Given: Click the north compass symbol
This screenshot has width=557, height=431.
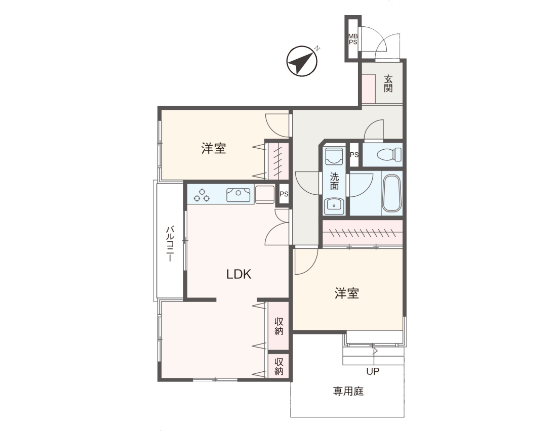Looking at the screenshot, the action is [302, 61].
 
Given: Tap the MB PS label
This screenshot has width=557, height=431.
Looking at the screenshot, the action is [353, 39].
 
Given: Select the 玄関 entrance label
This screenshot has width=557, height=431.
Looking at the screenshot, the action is [388, 83].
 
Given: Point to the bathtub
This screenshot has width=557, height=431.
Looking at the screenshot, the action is [392, 193].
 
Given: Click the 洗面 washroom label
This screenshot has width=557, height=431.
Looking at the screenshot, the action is [334, 182].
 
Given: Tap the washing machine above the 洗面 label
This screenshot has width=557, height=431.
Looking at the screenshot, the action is [334, 156].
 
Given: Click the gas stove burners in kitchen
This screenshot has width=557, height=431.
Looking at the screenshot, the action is [202, 195].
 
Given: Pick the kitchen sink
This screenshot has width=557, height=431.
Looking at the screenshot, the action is [238, 195].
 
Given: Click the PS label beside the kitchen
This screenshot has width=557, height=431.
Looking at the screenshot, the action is [284, 194].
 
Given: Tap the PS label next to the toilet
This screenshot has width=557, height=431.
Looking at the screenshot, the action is [354, 155].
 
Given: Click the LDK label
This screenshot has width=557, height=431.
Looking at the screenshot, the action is [238, 274].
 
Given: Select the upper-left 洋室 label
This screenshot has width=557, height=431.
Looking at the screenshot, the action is [214, 148].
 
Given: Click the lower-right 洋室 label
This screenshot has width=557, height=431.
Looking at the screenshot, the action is [347, 293].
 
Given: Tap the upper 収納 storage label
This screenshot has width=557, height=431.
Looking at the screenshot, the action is [279, 326].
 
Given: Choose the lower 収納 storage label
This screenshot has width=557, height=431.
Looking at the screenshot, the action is [279, 366].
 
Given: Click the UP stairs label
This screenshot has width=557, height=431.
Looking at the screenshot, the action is [373, 371].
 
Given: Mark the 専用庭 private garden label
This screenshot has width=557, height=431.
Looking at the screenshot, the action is [348, 391].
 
